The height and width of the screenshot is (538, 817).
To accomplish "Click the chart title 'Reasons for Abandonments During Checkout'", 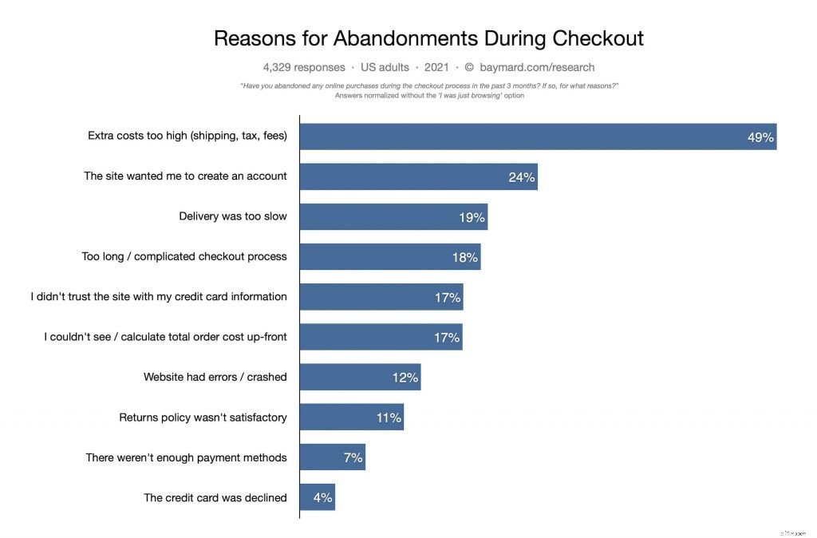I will (428, 38).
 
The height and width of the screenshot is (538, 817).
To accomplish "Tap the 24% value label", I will (521, 177).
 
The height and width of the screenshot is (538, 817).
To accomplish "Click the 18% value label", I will (464, 257).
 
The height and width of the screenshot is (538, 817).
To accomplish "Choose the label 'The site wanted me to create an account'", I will (185, 176).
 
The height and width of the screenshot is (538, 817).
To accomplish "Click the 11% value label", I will (389, 417).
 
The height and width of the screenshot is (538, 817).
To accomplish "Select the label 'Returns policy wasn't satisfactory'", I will (203, 417).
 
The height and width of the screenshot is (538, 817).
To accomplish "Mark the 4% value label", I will (322, 497).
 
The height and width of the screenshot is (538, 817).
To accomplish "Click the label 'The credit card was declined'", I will (215, 497).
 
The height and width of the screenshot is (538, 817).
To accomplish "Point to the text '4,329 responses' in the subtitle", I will (304, 67).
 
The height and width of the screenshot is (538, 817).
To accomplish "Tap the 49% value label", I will (760, 137).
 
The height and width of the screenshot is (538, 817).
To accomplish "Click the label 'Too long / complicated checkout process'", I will (184, 256).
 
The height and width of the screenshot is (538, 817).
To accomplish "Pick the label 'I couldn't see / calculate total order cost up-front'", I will (165, 337).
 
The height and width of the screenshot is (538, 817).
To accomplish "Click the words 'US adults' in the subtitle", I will (385, 67).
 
